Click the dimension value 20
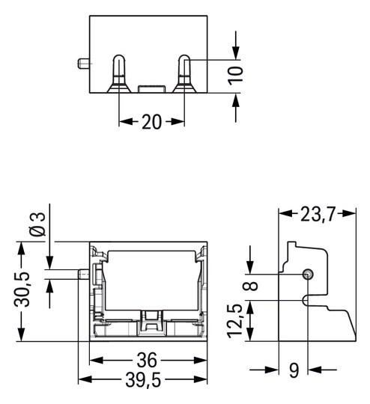point(151,123)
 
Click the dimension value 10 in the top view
point(237,76)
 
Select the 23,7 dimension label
point(318,215)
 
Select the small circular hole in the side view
point(307,275)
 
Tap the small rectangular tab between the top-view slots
point(151,89)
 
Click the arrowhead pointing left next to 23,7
point(284,214)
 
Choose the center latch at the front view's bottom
point(151,322)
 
